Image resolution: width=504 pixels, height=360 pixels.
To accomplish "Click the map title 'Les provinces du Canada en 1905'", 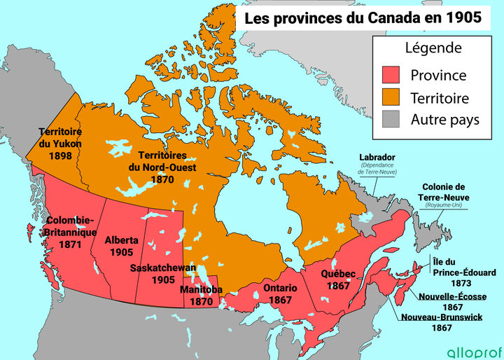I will click(363, 18).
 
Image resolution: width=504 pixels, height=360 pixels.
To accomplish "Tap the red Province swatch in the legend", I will click(390, 75).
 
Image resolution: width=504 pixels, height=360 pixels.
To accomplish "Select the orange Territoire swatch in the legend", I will click(390, 97).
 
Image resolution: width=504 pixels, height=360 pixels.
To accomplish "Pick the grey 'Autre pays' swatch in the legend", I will click(390, 119).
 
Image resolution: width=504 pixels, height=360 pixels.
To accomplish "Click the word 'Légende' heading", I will click(433, 48).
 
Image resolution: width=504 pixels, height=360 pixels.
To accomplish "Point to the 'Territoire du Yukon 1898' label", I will click(61, 143).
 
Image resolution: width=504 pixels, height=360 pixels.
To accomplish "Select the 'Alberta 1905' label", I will click(121, 246).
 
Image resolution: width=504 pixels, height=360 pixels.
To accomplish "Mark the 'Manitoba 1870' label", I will click(201, 295).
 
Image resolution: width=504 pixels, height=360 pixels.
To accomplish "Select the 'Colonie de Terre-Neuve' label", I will click(445, 192).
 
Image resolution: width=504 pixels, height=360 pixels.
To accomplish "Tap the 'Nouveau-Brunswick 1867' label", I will click(442, 322).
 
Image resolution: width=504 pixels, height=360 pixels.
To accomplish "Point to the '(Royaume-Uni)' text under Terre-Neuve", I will click(445, 207).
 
